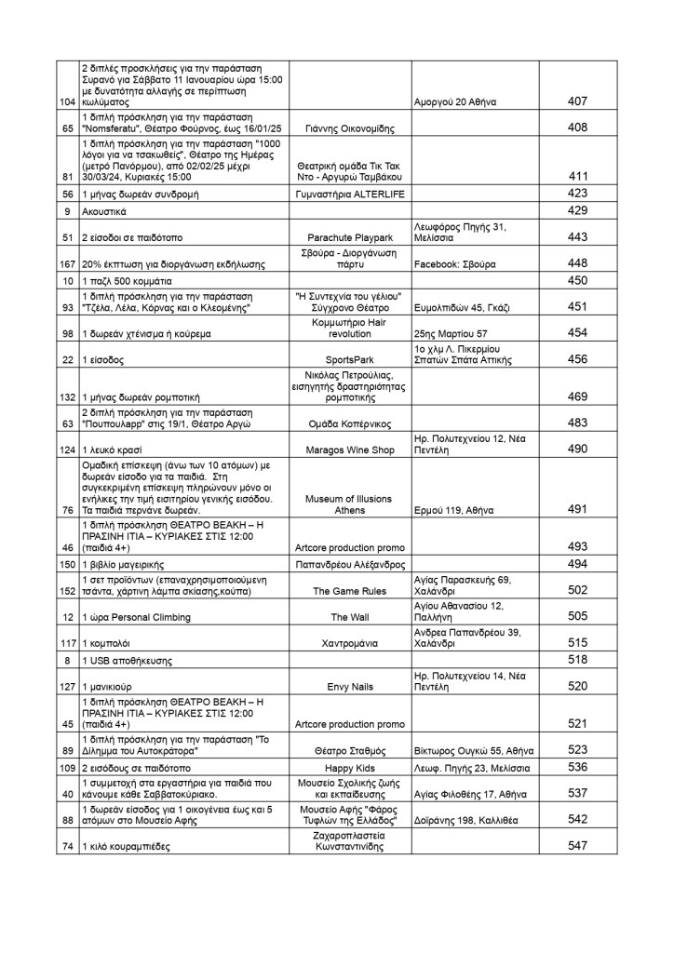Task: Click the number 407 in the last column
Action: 577,101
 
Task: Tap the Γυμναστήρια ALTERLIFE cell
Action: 349,194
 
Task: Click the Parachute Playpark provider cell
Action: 349,237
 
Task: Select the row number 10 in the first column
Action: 68,280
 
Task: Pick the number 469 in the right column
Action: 577,396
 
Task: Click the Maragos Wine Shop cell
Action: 349,450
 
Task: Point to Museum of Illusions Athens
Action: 349,503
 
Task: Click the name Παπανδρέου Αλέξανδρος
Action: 349,564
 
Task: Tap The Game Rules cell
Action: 349,590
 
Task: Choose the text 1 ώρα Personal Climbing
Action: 137,616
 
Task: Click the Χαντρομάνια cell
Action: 349,642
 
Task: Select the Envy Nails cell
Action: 349,686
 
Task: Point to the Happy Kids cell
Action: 349,768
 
